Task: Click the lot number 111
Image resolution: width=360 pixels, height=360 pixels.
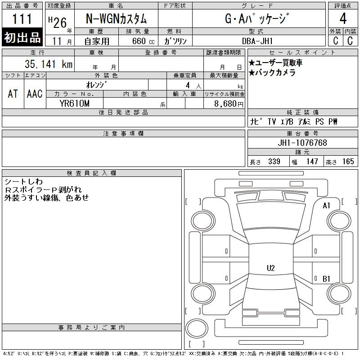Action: coord(22,19)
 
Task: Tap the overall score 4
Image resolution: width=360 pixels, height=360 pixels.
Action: coord(343,18)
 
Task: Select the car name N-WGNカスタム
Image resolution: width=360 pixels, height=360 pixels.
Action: coord(116,18)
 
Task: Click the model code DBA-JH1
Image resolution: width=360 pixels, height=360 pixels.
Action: coord(257,41)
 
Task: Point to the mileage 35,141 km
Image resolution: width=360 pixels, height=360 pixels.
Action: coord(49,64)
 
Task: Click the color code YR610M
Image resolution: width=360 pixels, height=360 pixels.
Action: coord(74,103)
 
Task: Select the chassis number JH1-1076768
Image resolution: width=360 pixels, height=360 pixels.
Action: coord(302,143)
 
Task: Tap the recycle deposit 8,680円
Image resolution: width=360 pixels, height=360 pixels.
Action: coord(229,104)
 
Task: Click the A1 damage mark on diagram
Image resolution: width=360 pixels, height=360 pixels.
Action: coord(326,206)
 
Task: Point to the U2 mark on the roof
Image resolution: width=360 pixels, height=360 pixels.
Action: coord(271,268)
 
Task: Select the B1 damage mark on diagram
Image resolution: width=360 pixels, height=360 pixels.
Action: coord(326,279)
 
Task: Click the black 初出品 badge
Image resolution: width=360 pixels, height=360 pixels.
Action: coord(22,37)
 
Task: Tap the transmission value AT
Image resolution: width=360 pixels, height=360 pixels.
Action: coord(13,94)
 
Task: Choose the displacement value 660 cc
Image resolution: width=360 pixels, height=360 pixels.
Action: coord(143,41)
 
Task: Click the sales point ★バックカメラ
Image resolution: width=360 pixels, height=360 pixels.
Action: coord(272,73)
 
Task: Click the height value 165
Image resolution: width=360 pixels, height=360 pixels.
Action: coord(348,162)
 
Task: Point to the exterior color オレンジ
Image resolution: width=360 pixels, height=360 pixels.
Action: coord(96,85)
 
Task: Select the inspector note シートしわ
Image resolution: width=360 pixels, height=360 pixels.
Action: coord(24,182)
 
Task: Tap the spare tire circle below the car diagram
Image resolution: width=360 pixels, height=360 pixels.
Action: coord(197,328)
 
